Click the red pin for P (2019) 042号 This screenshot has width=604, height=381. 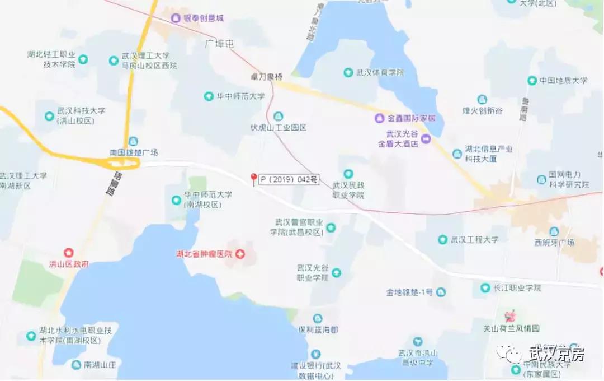[253, 179]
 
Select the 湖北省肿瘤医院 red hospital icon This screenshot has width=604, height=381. [240, 254]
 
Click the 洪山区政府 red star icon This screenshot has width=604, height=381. [69, 253]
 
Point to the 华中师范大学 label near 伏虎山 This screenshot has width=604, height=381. [240, 96]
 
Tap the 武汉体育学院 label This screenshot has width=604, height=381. [380, 72]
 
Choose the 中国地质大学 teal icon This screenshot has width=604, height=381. [532, 81]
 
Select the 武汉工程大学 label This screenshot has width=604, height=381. [474, 240]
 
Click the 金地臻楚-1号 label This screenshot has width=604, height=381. [409, 292]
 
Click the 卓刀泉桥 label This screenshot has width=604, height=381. [266, 77]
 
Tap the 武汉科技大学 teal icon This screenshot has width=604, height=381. [49, 116]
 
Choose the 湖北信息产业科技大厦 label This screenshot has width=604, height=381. [488, 154]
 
